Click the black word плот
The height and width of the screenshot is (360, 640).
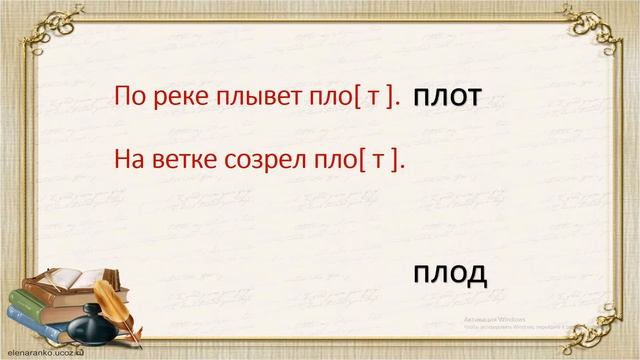point(447,97)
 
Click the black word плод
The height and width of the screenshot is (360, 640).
point(449,272)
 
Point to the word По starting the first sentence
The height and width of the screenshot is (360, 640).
point(130,96)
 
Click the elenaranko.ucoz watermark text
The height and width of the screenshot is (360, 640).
point(45,353)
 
